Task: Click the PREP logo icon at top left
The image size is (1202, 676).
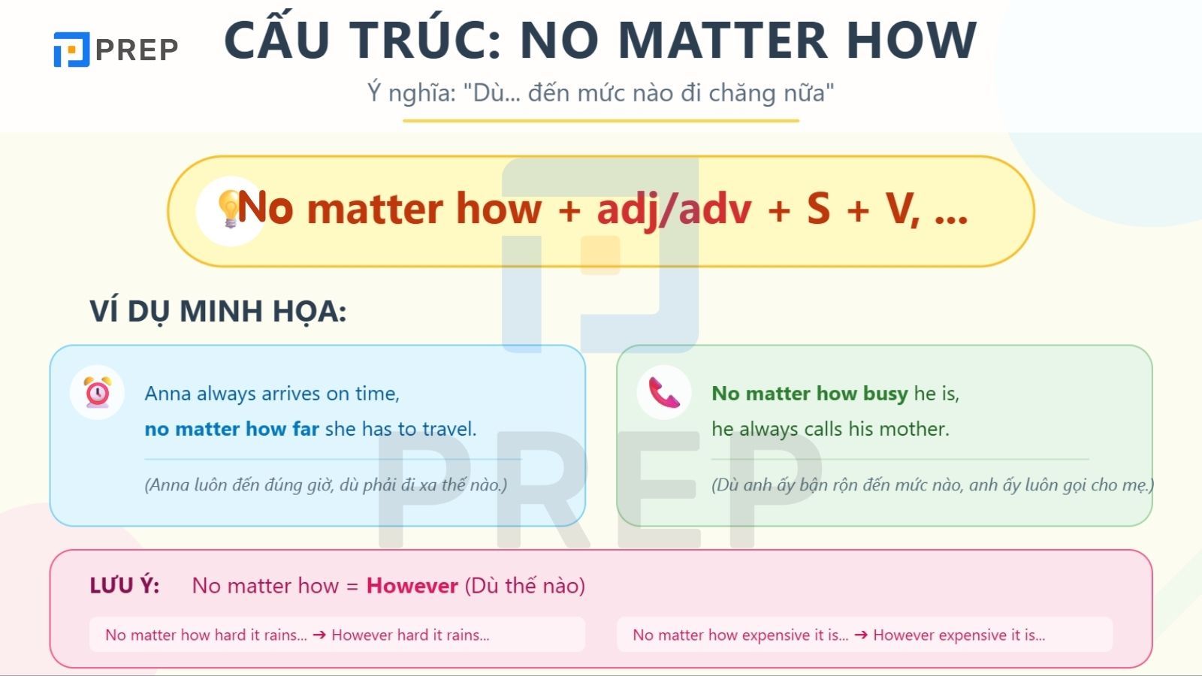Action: [71, 50]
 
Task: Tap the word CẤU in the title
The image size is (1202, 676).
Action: [276, 41]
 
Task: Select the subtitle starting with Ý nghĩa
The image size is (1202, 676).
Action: [600, 93]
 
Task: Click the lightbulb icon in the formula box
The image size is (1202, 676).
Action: [228, 208]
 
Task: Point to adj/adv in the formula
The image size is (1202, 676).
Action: [674, 209]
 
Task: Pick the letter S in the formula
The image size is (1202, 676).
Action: [818, 209]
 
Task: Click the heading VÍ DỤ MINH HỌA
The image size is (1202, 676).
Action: [218, 311]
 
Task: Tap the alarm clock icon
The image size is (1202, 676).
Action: [98, 392]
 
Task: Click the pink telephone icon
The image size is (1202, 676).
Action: [663, 392]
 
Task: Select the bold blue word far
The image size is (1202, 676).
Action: [306, 429]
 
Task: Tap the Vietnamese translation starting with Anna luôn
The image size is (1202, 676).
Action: [325, 484]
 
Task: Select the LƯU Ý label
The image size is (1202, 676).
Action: [125, 586]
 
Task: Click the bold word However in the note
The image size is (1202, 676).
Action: [412, 586]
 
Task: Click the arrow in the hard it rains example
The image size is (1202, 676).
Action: [319, 635]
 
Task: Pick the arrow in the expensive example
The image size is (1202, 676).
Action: [861, 635]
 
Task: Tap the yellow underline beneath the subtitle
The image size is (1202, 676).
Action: [600, 120]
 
